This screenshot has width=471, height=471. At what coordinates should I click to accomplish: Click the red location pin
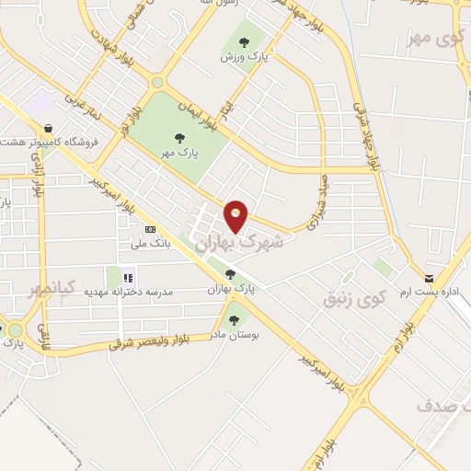pos(236,215)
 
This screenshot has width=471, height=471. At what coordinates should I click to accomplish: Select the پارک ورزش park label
pos(242,55)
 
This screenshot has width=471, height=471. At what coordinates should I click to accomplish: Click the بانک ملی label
pos(127,243)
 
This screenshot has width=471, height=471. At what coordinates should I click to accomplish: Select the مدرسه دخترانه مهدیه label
pos(130,292)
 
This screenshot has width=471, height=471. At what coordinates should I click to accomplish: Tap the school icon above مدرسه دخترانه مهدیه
pos(129,276)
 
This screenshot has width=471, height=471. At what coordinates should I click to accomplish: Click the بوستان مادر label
pos(235,335)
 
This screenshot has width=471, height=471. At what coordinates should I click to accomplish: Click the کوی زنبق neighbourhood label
pos(353,299)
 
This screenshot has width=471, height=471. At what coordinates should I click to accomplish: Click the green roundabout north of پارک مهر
pos(157,82)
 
